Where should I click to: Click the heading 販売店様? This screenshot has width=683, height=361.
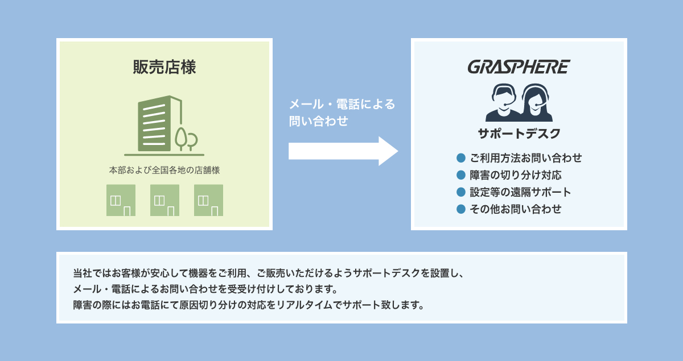[x=164, y=67]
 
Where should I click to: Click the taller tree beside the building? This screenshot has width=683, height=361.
[x=181, y=139]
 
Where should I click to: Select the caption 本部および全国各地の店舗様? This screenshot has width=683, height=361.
[x=164, y=170]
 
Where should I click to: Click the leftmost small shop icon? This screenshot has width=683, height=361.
[x=121, y=200]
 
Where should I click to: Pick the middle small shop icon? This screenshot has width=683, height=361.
[x=164, y=200]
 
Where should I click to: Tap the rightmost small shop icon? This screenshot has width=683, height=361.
[x=208, y=200]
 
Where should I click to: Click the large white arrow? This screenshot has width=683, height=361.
[x=343, y=151]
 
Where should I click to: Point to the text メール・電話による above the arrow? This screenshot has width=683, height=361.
[x=342, y=104]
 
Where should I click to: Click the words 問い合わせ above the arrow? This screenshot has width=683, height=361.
[x=318, y=121]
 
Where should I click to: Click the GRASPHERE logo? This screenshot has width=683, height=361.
[x=519, y=67]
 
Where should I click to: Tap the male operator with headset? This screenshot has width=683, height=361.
[x=503, y=103]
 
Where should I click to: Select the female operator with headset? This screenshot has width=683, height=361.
[x=536, y=103]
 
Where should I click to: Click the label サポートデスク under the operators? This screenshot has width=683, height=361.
[x=519, y=134]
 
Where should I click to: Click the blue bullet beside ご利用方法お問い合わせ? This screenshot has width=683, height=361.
[x=461, y=158]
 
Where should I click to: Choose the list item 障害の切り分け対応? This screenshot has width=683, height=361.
[x=516, y=175]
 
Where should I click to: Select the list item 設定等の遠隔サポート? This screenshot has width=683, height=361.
[x=520, y=192]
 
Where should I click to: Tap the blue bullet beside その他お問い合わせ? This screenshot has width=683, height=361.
[x=461, y=209]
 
